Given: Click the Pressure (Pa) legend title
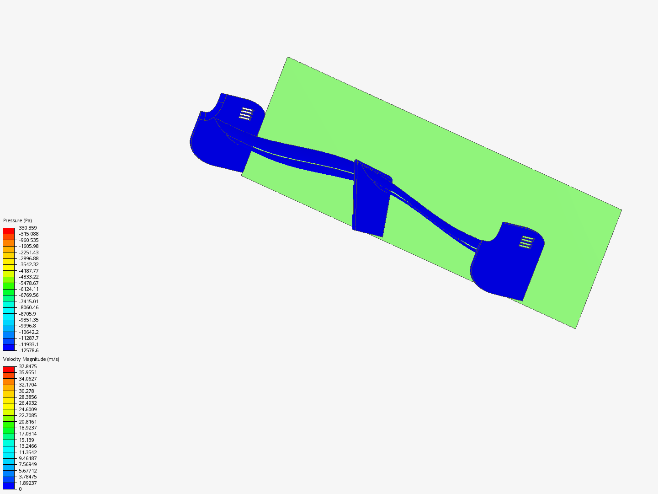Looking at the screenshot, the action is pyautogui.click(x=17, y=220).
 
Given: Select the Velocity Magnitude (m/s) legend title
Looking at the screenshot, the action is pyautogui.click(x=31, y=359).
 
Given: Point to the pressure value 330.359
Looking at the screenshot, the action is pyautogui.click(x=28, y=228).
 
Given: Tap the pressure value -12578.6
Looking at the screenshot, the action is pyautogui.click(x=29, y=350).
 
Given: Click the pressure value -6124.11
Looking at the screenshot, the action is pyautogui.click(x=29, y=289).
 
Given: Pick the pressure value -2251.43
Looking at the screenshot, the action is pyautogui.click(x=29, y=252).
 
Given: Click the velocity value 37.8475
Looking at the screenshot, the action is pyautogui.click(x=28, y=366).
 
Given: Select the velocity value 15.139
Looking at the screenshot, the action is pyautogui.click(x=27, y=440).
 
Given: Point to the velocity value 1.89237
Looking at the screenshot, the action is pyautogui.click(x=28, y=483).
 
